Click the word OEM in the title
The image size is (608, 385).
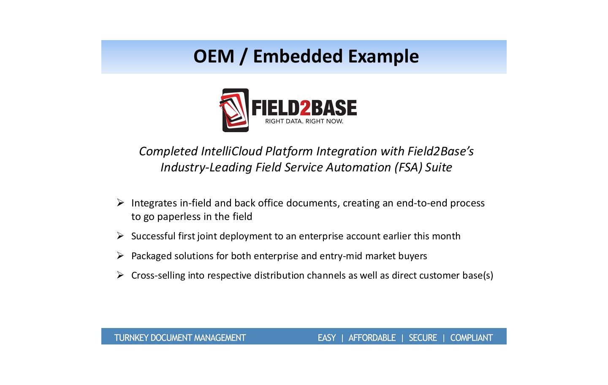point(214,57)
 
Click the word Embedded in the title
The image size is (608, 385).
point(298,56)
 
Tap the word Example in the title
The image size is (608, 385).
point(383,57)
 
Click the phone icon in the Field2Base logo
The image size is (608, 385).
point(234,110)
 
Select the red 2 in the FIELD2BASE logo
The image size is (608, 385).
point(305,108)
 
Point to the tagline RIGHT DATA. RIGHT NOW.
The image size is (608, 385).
point(304,121)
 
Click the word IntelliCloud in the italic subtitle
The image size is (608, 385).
point(231,151)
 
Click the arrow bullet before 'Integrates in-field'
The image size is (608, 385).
point(120,202)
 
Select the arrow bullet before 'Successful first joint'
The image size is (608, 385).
point(120,236)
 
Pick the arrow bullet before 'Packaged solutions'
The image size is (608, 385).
point(120,255)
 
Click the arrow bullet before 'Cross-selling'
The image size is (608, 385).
point(120,275)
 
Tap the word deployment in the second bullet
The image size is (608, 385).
point(246,236)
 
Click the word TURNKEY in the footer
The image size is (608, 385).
point(131,338)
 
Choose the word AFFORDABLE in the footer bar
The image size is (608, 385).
point(372,338)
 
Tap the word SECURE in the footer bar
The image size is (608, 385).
point(423,338)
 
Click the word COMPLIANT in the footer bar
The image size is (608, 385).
point(472,338)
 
